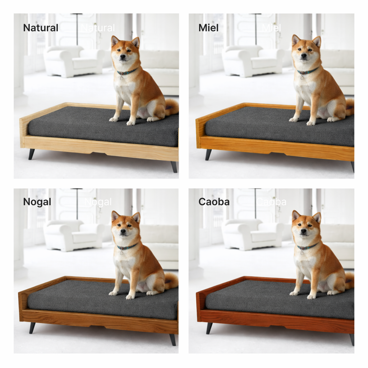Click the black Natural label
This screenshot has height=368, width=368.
tap(41, 28)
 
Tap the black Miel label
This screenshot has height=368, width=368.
tap(208, 28)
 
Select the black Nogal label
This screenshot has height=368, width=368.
tap(37, 202)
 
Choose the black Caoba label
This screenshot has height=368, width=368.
tap(214, 202)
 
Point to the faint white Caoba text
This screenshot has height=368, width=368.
tap(271, 202)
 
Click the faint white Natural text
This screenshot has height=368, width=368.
tap(98, 28)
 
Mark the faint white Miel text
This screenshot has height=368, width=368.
tap(271, 28)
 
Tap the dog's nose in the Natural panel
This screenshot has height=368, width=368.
tap(123, 56)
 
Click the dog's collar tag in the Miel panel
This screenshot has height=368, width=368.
tap(302, 77)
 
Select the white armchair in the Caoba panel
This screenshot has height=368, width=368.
tap(253, 234)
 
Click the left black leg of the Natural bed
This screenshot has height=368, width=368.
tap(32, 154)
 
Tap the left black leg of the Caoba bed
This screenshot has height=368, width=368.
tap(209, 328)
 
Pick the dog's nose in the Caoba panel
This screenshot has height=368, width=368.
tap(303, 231)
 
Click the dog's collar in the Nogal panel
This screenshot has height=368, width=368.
tap(127, 247)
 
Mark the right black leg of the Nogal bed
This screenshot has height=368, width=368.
tap(173, 340)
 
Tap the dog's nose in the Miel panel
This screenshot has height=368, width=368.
tap(304, 56)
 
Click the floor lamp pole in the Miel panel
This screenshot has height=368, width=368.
tap(256, 29)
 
